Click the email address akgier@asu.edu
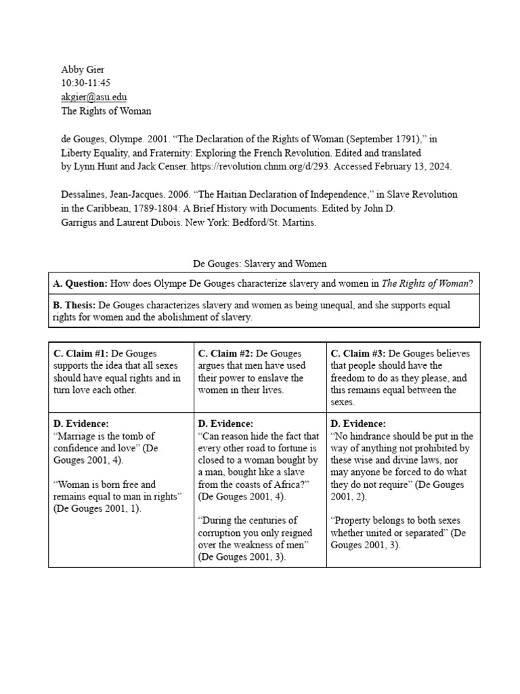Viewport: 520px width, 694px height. click(x=93, y=97)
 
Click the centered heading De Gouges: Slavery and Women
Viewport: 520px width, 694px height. click(x=260, y=263)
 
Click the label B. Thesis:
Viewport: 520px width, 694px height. click(x=75, y=306)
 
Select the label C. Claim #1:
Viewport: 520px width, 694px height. click(x=81, y=354)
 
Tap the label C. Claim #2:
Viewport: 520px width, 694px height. click(x=225, y=354)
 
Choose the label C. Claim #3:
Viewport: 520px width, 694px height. click(x=358, y=354)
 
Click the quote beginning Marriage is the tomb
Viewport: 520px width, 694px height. click(x=105, y=448)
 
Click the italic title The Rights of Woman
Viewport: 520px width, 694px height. click(x=425, y=284)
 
